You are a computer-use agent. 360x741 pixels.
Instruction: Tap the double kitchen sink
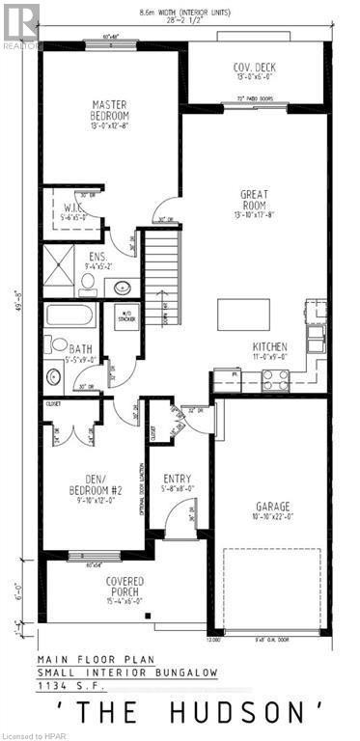point(316,337)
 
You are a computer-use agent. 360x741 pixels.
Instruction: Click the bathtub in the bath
point(71,316)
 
